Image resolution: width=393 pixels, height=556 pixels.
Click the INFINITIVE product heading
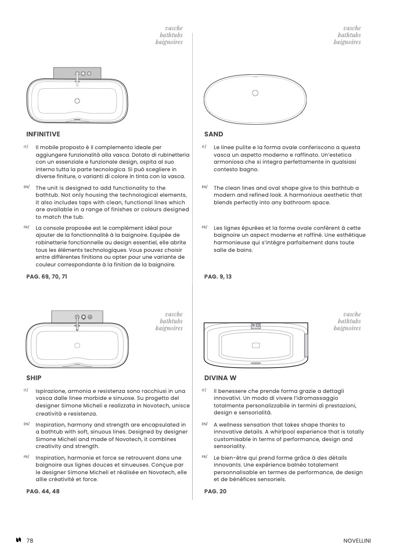(x=43, y=134)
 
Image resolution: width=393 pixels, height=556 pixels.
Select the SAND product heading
(x=214, y=134)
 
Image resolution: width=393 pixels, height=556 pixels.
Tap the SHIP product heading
(x=34, y=378)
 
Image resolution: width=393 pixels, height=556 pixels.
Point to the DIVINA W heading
(x=220, y=378)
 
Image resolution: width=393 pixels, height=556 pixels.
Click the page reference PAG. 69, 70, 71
(x=46, y=277)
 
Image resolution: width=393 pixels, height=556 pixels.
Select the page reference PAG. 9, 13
(x=218, y=277)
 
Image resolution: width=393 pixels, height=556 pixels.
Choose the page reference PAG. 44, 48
(x=43, y=491)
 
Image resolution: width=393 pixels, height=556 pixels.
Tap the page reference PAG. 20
(x=215, y=491)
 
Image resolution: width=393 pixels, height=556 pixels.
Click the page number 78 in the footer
(x=30, y=540)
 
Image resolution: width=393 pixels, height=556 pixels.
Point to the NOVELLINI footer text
(x=357, y=541)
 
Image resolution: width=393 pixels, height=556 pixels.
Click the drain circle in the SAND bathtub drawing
(x=255, y=93)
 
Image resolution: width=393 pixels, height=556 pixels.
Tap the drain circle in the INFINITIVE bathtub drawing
(x=77, y=101)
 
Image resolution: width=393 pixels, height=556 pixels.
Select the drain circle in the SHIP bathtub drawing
(x=77, y=345)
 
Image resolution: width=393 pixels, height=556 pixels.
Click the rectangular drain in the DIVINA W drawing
(x=256, y=345)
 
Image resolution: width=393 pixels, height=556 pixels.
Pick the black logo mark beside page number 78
(x=19, y=540)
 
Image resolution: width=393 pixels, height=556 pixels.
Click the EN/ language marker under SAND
(x=205, y=187)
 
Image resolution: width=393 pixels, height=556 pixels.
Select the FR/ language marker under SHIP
(x=26, y=457)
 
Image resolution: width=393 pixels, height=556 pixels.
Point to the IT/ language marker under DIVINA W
(x=204, y=390)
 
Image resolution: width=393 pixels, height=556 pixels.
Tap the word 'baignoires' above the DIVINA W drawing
(x=347, y=328)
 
